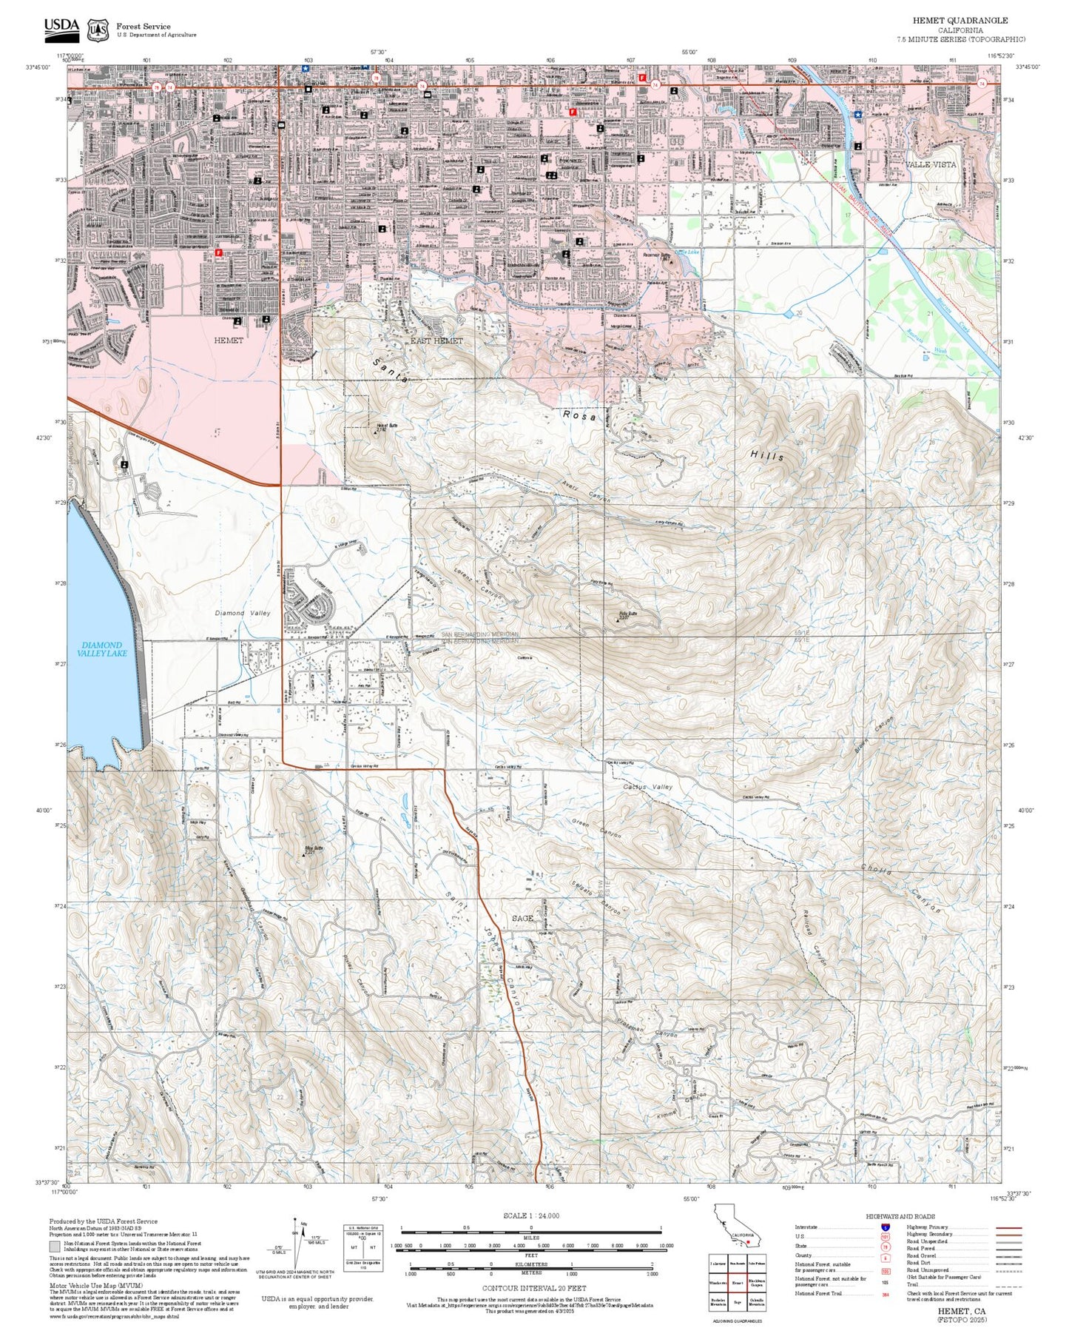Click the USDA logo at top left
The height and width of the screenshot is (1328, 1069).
(61, 27)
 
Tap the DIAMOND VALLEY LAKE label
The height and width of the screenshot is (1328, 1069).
(104, 649)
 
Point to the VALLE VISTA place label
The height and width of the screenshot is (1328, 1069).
(930, 164)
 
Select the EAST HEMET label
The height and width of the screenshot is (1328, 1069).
(436, 341)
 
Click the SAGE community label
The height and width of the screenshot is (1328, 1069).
(522, 919)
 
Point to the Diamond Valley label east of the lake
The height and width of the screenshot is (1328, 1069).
(243, 613)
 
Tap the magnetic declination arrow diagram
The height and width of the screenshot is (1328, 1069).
(298, 1245)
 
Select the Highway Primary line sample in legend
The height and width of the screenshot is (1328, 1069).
(1008, 1227)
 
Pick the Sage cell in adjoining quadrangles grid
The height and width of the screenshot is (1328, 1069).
(738, 1301)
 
